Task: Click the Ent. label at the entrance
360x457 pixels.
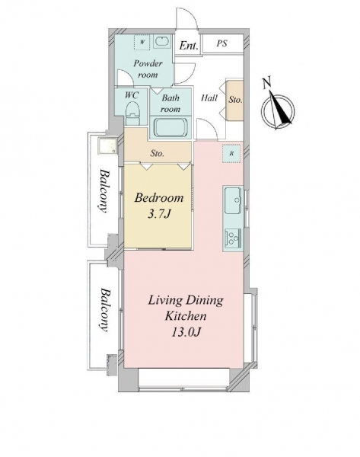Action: point(189,46)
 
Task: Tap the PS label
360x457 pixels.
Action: point(221,43)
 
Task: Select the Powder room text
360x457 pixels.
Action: point(148,69)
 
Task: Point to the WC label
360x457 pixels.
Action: point(132,95)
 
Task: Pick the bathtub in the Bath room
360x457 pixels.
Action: point(170,127)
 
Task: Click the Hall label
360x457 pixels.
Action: point(209,97)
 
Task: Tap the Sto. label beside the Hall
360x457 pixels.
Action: point(235,100)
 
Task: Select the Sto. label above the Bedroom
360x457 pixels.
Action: point(158,153)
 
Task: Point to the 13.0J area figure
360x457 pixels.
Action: point(186,332)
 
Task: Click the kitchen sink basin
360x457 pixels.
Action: point(233,200)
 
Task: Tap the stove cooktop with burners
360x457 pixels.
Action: point(233,238)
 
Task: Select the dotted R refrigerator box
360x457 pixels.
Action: point(231,153)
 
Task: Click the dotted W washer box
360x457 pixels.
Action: point(142,42)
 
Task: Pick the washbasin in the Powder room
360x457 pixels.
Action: point(162,42)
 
